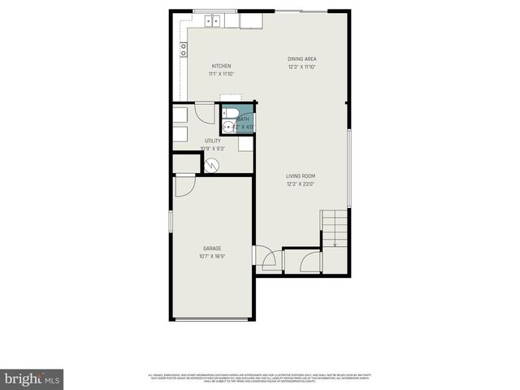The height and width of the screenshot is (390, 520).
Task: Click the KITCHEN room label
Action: point(222,66)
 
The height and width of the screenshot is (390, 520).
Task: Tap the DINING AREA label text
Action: point(301,58)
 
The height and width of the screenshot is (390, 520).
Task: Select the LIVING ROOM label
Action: point(300,175)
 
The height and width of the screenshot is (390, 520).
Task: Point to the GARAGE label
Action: point(212,248)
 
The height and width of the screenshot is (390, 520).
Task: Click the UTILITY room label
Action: point(212,141)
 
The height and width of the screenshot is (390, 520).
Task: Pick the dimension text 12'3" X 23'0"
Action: point(300,184)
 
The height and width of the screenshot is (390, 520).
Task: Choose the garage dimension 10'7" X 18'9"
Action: point(212,257)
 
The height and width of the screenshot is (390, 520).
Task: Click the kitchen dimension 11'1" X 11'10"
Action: point(222,74)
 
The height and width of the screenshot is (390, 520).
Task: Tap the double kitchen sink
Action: point(213,21)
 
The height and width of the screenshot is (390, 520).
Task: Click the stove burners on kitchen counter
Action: point(184,50)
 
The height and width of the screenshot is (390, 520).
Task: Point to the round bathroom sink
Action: point(227,126)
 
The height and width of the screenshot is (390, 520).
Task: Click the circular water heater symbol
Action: point(211,164)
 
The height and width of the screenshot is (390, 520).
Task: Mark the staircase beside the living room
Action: point(335,229)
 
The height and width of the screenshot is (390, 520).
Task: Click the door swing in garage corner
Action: point(184,185)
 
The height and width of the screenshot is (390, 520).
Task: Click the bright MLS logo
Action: point(32,379)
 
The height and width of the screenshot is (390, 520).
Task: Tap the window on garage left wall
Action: point(170,221)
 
